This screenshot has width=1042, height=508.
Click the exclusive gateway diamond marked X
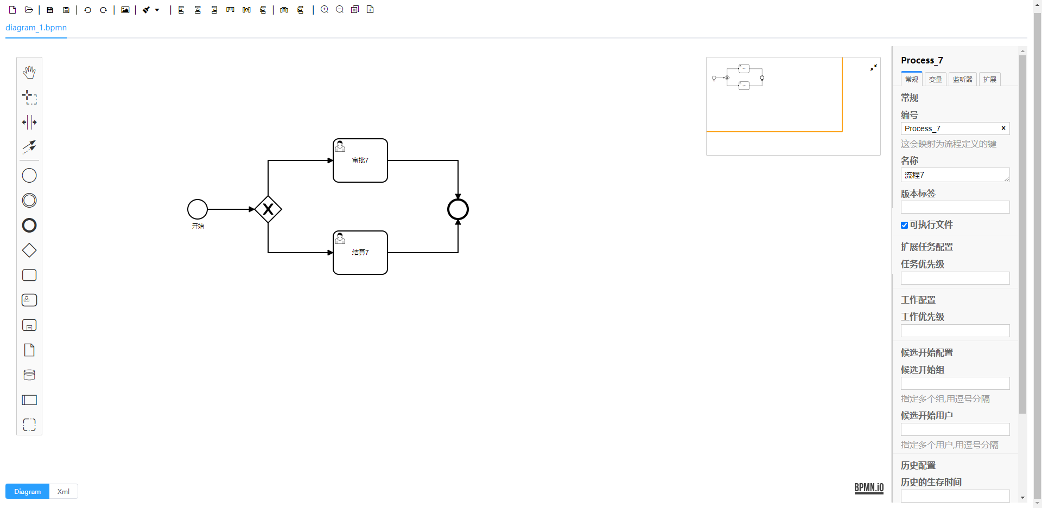click(268, 209)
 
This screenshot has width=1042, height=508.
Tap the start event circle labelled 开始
click(198, 209)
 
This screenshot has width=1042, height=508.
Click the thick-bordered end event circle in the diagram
click(458, 209)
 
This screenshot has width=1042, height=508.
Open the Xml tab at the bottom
click(63, 491)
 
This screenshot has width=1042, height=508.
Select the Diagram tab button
click(27, 491)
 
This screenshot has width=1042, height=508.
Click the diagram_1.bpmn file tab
click(36, 28)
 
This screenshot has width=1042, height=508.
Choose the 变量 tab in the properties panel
click(935, 79)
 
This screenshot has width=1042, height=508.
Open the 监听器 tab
click(962, 79)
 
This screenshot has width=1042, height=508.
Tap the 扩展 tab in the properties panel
click(989, 79)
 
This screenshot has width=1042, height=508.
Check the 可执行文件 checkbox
click(904, 225)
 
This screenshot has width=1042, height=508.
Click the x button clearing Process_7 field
click(1003, 128)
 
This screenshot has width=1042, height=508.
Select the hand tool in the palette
click(29, 72)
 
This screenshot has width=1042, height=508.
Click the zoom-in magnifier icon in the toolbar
click(325, 10)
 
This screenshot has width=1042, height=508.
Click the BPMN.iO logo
click(869, 487)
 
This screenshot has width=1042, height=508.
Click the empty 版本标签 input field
click(955, 207)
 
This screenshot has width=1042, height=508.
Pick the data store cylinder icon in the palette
click(29, 375)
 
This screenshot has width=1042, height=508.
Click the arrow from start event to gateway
click(231, 209)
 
